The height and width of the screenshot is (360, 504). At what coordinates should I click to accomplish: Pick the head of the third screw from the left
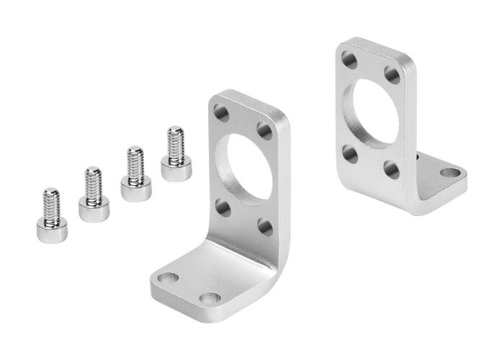[x=132, y=189]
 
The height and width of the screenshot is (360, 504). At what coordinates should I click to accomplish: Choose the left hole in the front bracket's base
[x=169, y=276]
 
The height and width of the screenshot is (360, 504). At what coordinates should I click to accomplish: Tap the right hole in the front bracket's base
[x=210, y=297]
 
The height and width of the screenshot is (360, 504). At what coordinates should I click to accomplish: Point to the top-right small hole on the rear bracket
[x=393, y=73]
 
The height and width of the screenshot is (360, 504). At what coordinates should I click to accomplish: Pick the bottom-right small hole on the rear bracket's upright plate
[x=392, y=170]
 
